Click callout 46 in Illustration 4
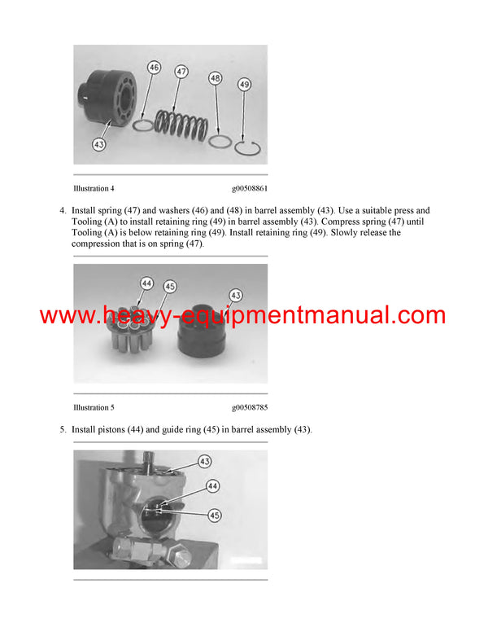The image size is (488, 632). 154,68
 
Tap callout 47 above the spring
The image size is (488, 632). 181,72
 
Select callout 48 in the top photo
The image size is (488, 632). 215,78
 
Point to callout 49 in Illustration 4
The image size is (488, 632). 245,84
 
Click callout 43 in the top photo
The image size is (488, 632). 99,144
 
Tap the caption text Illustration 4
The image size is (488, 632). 99,188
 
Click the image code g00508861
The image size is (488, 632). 249,188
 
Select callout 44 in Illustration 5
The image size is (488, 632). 146,283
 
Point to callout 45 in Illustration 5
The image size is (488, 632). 169,287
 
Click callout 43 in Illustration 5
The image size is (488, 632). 236,294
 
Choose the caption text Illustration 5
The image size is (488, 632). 99,407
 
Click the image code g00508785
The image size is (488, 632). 249,407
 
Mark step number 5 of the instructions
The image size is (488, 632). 63,429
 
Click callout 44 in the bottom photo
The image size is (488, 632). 212,485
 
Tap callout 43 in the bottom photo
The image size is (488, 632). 205,461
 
